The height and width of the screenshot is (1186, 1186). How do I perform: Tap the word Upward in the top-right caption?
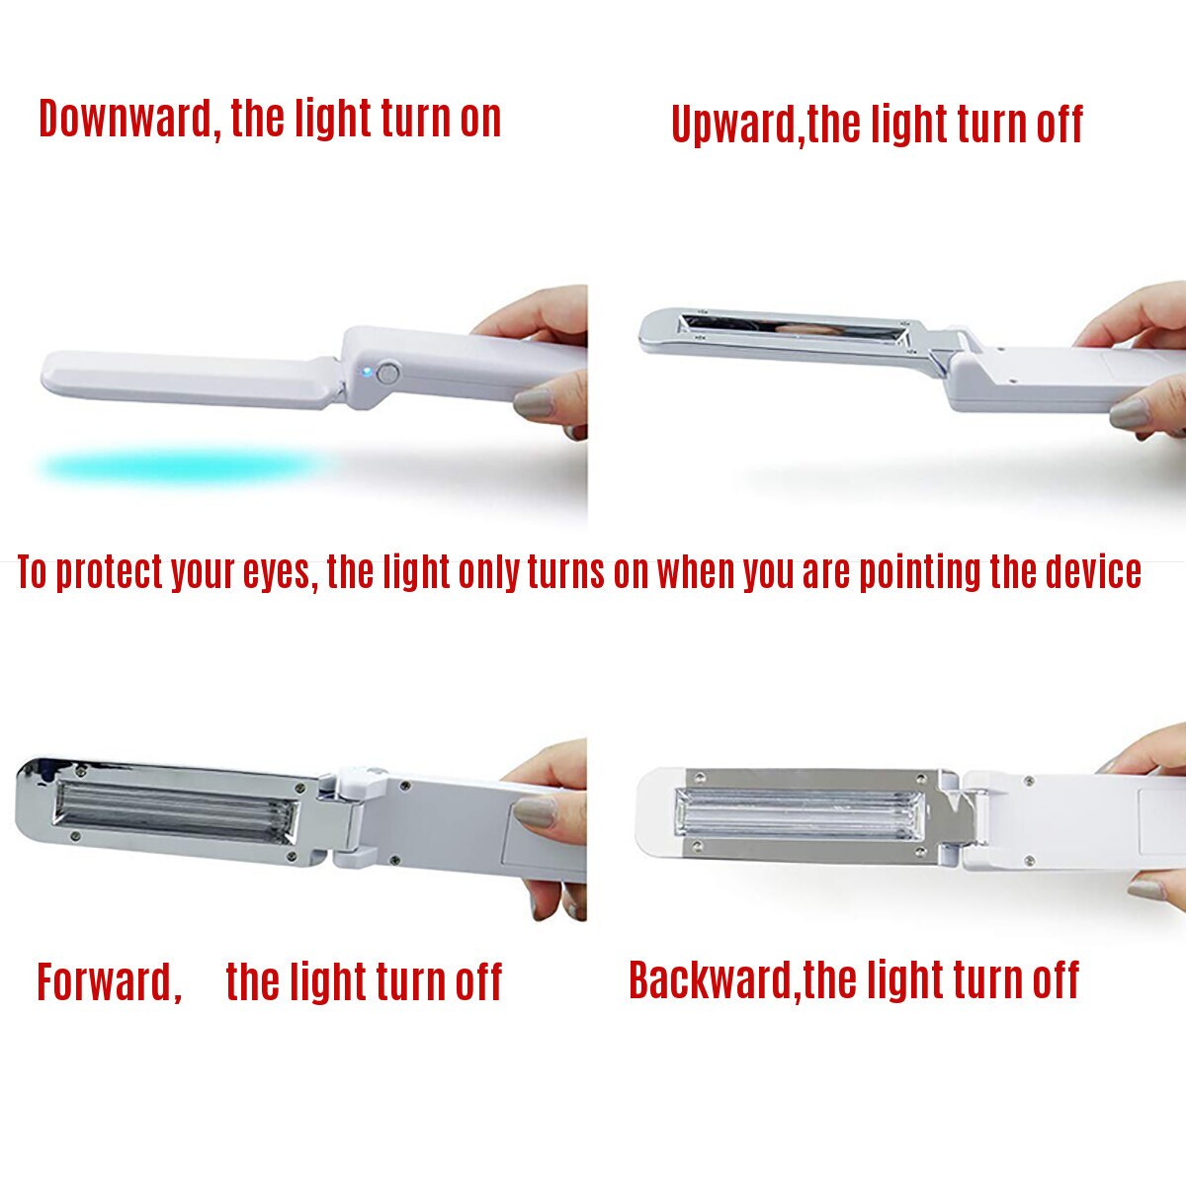pyautogui.click(x=735, y=126)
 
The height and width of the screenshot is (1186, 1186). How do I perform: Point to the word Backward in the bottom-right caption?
pyautogui.click(x=711, y=980)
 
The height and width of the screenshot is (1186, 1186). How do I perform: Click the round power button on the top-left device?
pyautogui.click(x=388, y=374)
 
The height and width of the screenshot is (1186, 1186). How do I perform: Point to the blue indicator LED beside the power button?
pyautogui.click(x=367, y=374)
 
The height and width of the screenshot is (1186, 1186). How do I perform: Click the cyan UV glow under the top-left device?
pyautogui.click(x=178, y=466)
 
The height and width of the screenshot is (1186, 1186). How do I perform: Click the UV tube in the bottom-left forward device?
pyautogui.click(x=176, y=810)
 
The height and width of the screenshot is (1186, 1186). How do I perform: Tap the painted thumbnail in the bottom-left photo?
pyautogui.click(x=535, y=811)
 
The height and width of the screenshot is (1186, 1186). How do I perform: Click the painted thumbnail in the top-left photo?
pyautogui.click(x=535, y=403)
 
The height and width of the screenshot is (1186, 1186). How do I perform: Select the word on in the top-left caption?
pyautogui.click(x=480, y=120)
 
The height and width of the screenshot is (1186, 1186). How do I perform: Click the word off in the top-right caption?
pyautogui.click(x=1059, y=126)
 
